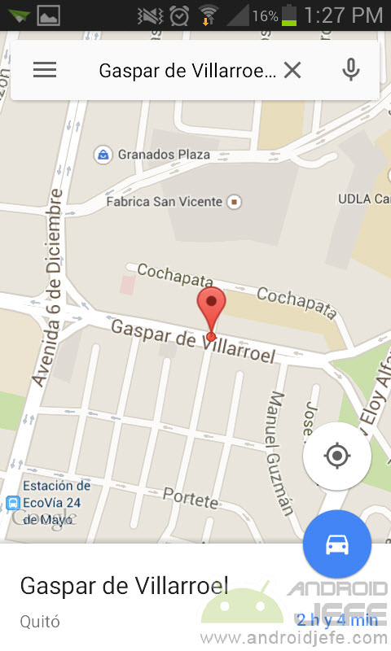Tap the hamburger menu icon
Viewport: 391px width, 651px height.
(45, 70)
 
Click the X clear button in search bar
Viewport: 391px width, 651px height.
(292, 71)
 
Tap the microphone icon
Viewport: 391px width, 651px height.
(351, 70)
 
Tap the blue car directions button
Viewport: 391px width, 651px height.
(337, 544)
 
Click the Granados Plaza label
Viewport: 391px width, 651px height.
(164, 154)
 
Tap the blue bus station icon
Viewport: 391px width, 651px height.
(12, 503)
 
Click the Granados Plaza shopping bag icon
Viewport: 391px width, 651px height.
(103, 154)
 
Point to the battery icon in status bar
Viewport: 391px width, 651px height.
(289, 15)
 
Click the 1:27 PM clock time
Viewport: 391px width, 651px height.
(343, 15)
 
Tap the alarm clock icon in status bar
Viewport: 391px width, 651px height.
(179, 15)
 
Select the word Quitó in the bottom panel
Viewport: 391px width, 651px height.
(40, 622)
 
